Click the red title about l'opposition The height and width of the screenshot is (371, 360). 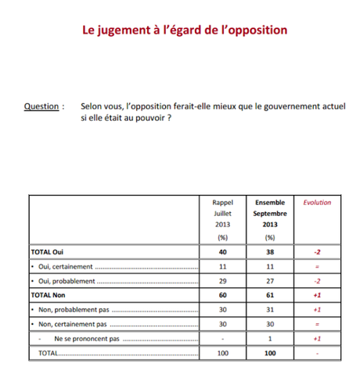tap(185, 31)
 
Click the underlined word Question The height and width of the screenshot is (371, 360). tap(43, 106)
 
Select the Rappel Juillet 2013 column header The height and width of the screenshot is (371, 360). tap(222, 218)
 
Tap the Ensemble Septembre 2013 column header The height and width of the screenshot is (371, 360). tap(270, 218)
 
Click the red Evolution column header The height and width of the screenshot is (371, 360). tap(316, 202)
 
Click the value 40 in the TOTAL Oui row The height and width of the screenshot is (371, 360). tap(222, 252)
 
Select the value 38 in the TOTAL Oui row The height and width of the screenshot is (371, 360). tap(270, 252)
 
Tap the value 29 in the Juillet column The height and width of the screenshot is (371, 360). tap(222, 281)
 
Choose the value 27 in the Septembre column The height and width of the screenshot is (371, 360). tap(270, 281)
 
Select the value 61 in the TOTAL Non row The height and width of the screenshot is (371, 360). tap(270, 296)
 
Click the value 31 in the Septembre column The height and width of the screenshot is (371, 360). tap(270, 310)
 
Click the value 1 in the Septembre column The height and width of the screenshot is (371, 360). tap(270, 340)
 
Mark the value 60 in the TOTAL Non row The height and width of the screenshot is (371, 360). tap(222, 296)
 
